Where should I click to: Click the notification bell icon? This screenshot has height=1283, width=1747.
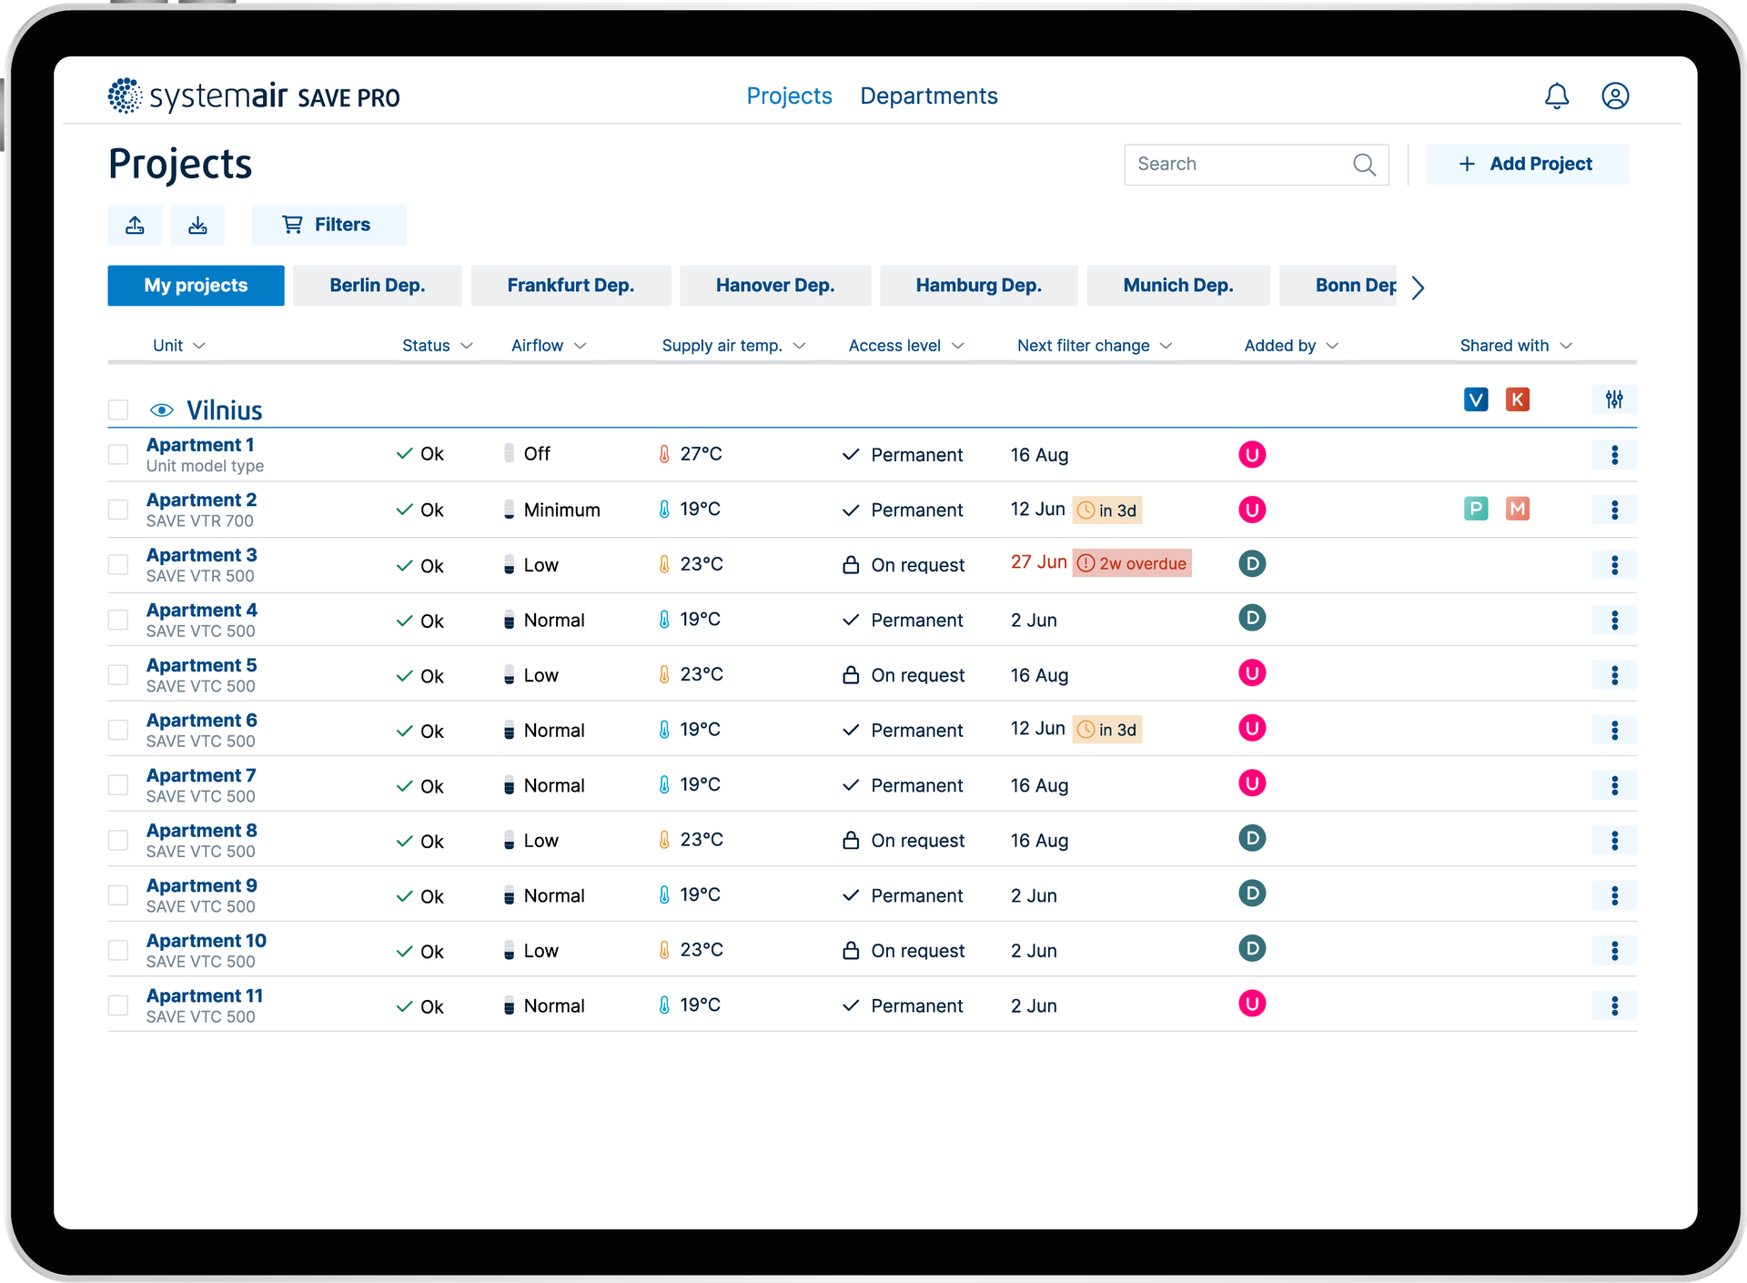coord(1557,96)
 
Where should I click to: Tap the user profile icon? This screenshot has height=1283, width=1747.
coord(1615,96)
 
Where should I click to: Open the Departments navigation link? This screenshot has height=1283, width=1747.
coord(929,96)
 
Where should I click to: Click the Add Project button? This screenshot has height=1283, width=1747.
coord(1527,164)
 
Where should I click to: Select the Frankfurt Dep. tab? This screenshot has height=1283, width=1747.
coord(571,286)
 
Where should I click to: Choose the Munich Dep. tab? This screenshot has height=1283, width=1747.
coord(1178,286)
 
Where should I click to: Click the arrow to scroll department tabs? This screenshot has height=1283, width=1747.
coord(1418,288)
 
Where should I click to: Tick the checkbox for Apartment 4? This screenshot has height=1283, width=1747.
coord(118,620)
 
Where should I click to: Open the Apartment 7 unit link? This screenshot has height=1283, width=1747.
coord(201,775)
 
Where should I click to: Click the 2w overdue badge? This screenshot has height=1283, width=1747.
coord(1132,563)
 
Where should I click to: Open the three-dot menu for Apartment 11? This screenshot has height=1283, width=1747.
coord(1614,1005)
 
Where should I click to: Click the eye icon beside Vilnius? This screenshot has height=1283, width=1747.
coord(162,410)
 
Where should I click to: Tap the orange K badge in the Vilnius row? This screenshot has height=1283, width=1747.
coord(1517,399)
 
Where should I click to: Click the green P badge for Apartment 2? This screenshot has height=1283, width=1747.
coord(1476,509)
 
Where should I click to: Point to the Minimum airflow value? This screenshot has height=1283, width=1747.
coord(561,510)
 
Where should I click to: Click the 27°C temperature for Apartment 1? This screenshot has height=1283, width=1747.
coord(701,454)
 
